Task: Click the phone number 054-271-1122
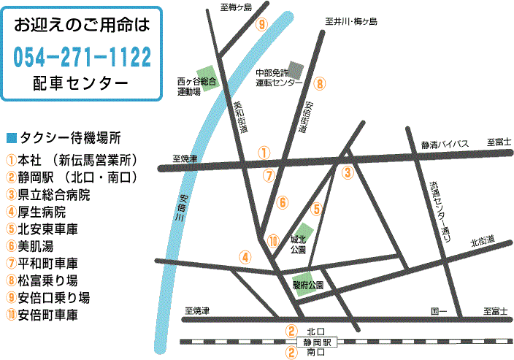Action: (83, 55)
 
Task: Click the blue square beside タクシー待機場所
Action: (10, 137)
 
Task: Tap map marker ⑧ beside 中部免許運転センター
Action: (320, 83)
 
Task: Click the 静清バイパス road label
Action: (445, 144)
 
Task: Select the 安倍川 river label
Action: (183, 212)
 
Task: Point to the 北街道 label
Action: (483, 241)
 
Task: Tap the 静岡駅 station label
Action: (318, 341)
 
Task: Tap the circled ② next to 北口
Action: (291, 331)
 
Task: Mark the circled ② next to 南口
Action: (291, 352)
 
